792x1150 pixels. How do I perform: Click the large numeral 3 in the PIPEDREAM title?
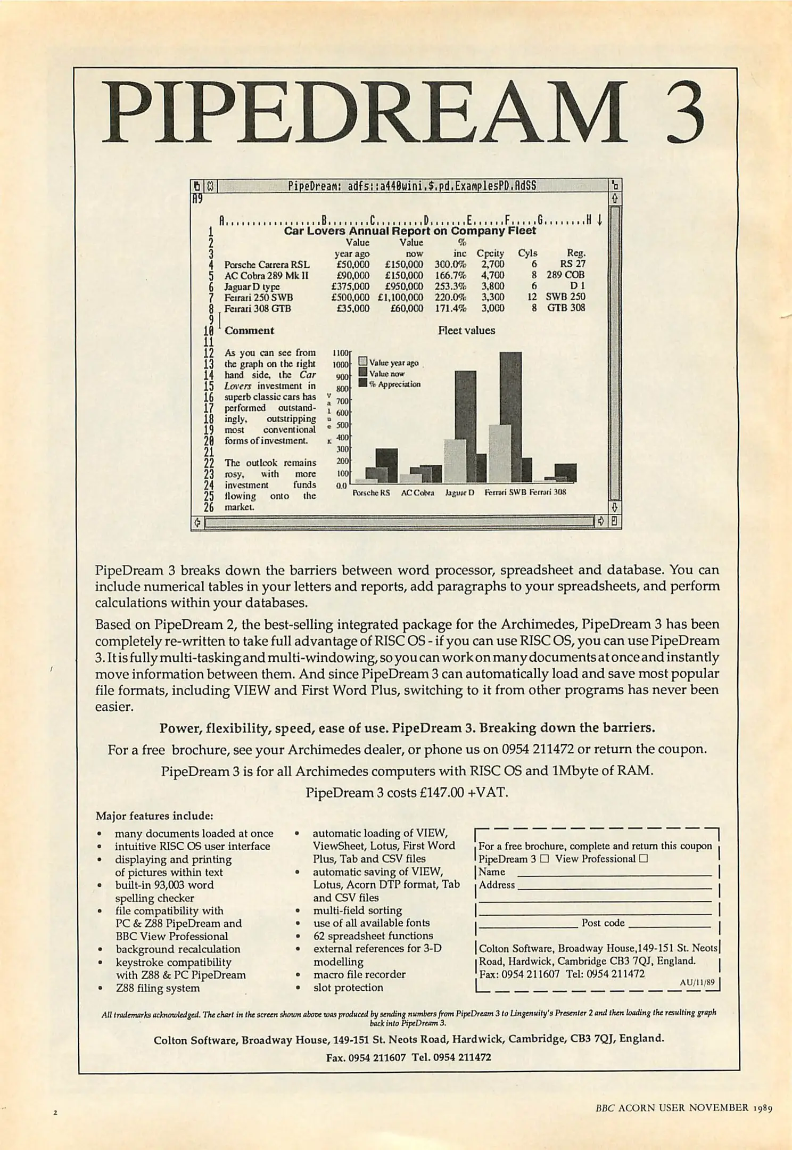pyautogui.click(x=675, y=113)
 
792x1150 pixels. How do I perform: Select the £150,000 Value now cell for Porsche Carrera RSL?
pyautogui.click(x=404, y=265)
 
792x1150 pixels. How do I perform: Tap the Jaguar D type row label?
pyautogui.click(x=252, y=287)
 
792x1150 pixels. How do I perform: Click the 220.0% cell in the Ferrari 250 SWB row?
pyautogui.click(x=450, y=298)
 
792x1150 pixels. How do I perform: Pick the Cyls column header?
pyautogui.click(x=527, y=253)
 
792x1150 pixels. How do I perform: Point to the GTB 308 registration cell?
pyautogui.click(x=566, y=308)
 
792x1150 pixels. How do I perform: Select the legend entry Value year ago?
pyautogui.click(x=393, y=363)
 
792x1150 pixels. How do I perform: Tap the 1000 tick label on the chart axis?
pyautogui.click(x=340, y=365)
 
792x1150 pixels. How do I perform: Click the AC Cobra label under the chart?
pyautogui.click(x=417, y=492)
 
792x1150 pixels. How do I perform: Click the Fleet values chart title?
pyautogui.click(x=466, y=330)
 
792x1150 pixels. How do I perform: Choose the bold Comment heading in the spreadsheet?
pyautogui.click(x=249, y=331)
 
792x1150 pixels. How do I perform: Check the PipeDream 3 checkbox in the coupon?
pyautogui.click(x=544, y=859)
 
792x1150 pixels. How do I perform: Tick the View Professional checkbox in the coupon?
pyautogui.click(x=643, y=859)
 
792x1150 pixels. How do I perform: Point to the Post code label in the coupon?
pyautogui.click(x=603, y=923)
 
